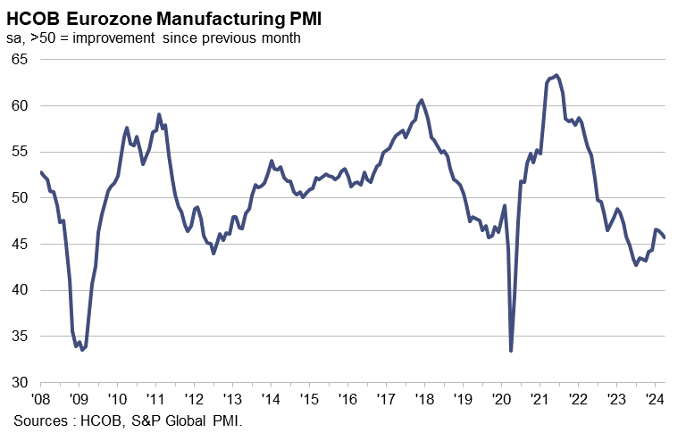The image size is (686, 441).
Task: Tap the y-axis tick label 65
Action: [x=20, y=59]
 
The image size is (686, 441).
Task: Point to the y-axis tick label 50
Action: [x=20, y=198]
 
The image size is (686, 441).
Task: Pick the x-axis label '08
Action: [x=40, y=399]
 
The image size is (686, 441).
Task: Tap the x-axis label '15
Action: [x=308, y=399]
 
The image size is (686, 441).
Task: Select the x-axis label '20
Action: [x=500, y=399]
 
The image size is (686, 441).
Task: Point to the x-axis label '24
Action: [x=654, y=399]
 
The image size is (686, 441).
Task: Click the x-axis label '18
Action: [x=423, y=399]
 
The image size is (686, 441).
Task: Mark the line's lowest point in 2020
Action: [x=511, y=351]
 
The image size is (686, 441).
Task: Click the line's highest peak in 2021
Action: [x=557, y=75]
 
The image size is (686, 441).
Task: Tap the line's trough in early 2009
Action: [x=82, y=349]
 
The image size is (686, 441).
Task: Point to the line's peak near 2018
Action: [x=422, y=100]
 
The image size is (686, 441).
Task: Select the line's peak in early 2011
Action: [x=159, y=114]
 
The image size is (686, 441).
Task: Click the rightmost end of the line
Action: [x=665, y=237]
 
